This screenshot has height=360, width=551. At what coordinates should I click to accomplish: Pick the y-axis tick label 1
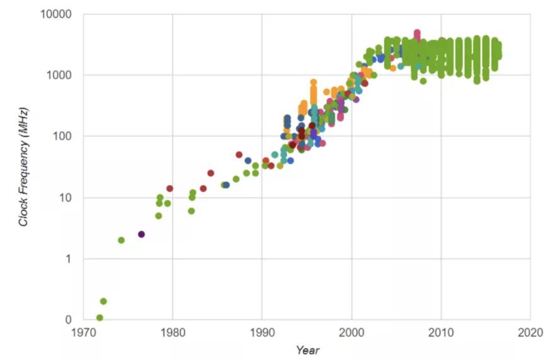click(69, 259)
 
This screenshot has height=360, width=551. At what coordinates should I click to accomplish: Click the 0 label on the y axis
click(69, 320)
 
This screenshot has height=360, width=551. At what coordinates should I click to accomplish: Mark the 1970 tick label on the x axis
click(83, 332)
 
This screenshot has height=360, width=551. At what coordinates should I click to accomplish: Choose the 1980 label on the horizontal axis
click(173, 332)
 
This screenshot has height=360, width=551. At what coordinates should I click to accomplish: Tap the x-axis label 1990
click(262, 332)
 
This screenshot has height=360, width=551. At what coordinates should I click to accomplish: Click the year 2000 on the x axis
click(351, 332)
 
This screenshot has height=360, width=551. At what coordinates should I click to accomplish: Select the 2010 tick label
click(441, 332)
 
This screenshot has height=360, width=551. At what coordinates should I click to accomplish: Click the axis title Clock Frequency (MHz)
click(23, 167)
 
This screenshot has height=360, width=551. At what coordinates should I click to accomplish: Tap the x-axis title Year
click(307, 350)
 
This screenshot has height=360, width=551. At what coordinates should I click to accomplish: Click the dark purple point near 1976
click(142, 234)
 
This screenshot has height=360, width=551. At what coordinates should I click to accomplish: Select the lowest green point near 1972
click(99, 318)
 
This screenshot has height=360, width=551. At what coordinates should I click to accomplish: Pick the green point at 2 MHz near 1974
click(121, 240)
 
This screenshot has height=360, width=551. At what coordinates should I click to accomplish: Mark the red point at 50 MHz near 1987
click(239, 155)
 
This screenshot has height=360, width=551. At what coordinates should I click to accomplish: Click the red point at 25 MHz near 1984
click(210, 173)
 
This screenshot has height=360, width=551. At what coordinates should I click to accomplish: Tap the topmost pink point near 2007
click(417, 33)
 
